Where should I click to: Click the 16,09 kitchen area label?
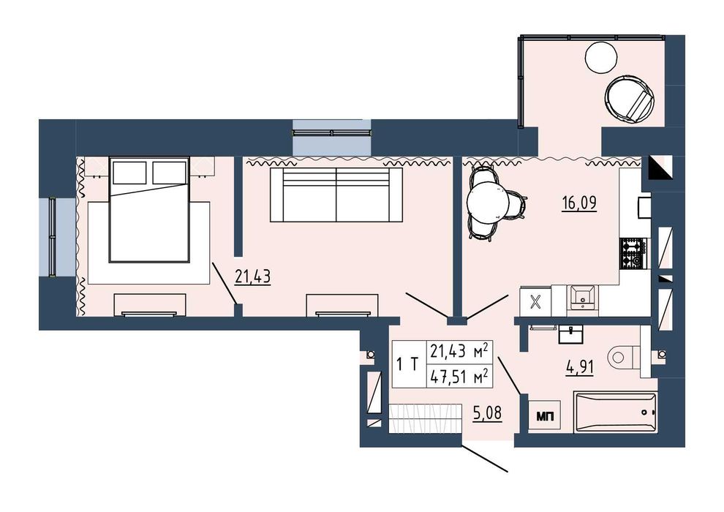[579, 203]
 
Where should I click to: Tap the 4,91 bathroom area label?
[580, 367]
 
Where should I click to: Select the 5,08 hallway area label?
[487, 413]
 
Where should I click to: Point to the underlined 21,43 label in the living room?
[252, 277]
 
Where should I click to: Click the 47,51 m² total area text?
[459, 377]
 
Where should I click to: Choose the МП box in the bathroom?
[544, 415]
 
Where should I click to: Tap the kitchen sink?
[582, 298]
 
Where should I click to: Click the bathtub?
[615, 413]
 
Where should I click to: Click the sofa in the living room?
[336, 195]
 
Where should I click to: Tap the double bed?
[149, 210]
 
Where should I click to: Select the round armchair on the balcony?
[630, 99]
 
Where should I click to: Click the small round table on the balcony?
[601, 57]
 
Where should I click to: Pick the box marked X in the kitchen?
[535, 301]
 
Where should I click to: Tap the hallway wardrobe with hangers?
[425, 418]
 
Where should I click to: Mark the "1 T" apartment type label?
[407, 364]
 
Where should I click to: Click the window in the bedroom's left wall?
[53, 237]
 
